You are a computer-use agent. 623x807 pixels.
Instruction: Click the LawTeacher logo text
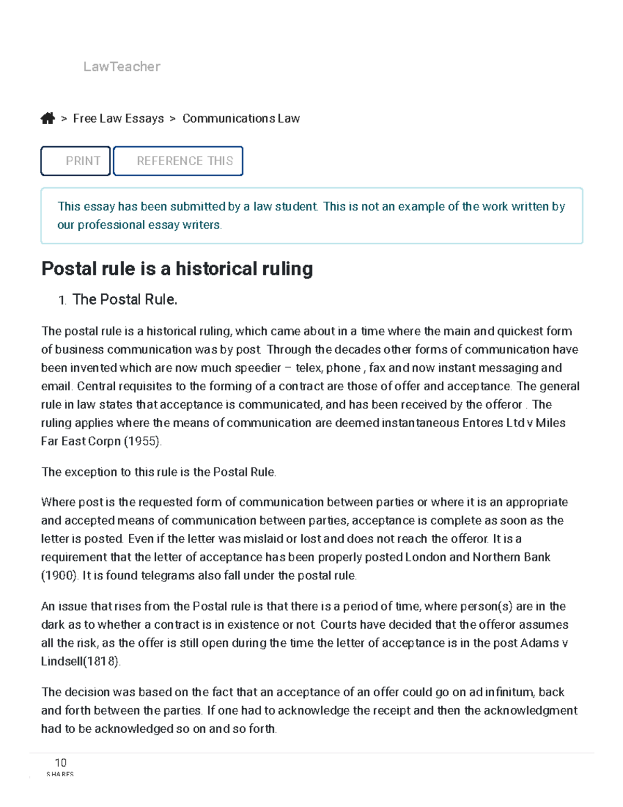click(121, 67)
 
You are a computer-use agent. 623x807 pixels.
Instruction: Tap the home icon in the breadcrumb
click(48, 118)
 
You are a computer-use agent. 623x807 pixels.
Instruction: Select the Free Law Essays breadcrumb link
click(118, 118)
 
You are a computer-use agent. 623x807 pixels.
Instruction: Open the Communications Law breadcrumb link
click(241, 118)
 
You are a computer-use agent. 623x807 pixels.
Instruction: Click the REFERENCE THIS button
click(178, 161)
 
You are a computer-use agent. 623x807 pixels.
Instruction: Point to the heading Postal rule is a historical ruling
click(177, 269)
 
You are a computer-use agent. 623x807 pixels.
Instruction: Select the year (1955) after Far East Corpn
click(142, 441)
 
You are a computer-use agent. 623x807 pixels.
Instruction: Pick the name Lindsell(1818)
click(80, 662)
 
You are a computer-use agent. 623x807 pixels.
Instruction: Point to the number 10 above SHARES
click(61, 762)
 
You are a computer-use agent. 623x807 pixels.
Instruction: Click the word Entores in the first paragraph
click(482, 423)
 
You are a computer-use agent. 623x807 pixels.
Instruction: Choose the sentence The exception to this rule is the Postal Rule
click(158, 472)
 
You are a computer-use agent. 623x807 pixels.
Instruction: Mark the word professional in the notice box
click(111, 225)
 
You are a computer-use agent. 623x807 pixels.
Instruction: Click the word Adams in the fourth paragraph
click(539, 643)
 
